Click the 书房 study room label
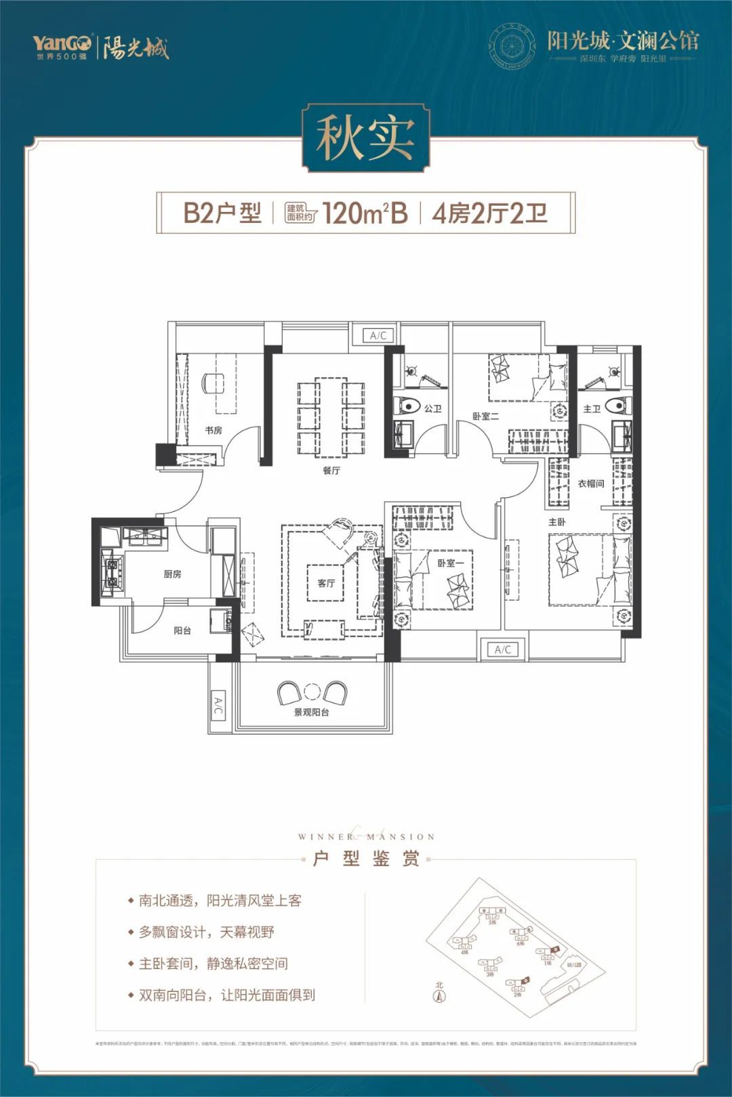pos(213,431)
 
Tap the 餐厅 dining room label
pos(331,471)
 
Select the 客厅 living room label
pos(326,583)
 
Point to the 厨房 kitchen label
pos(173,574)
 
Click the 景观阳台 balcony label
pos(311,712)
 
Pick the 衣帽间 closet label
pos(590,484)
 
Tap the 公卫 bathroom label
pos(433,409)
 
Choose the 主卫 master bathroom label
pos(592,409)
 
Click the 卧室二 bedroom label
pos(485,416)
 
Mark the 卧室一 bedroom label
pos(450,563)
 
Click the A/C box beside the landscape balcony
pos(218,706)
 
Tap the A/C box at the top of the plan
pos(378,336)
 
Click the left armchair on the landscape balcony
pos(289,693)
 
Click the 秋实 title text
pos(365,138)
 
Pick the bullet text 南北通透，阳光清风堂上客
pos(220,901)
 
